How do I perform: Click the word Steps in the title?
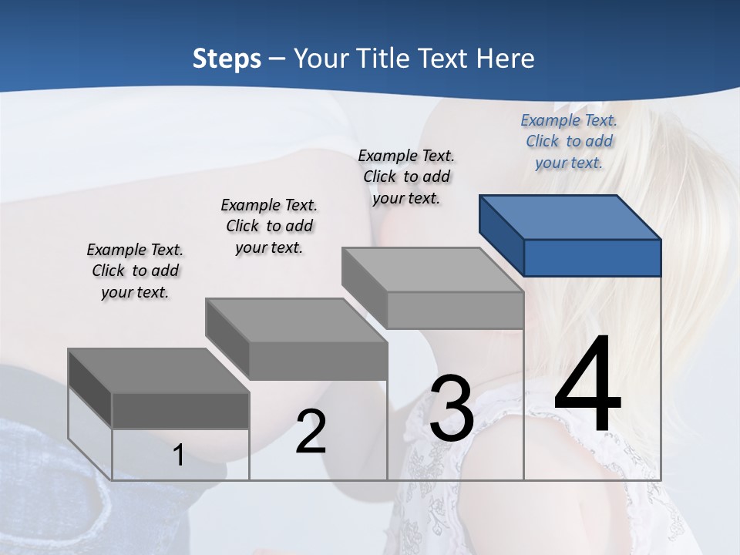227,59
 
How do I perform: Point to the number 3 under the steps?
452,409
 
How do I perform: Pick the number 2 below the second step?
311,432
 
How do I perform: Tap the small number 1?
179,456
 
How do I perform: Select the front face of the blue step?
592,257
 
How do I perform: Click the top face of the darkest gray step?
159,371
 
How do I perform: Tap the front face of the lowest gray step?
180,410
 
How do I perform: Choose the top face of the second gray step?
296,320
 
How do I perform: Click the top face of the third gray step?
432,270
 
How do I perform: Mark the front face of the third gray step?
455,310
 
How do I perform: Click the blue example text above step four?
569,141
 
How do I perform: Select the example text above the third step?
406,177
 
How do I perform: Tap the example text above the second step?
269,226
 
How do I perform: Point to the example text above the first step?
135,271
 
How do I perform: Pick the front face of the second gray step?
318,360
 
